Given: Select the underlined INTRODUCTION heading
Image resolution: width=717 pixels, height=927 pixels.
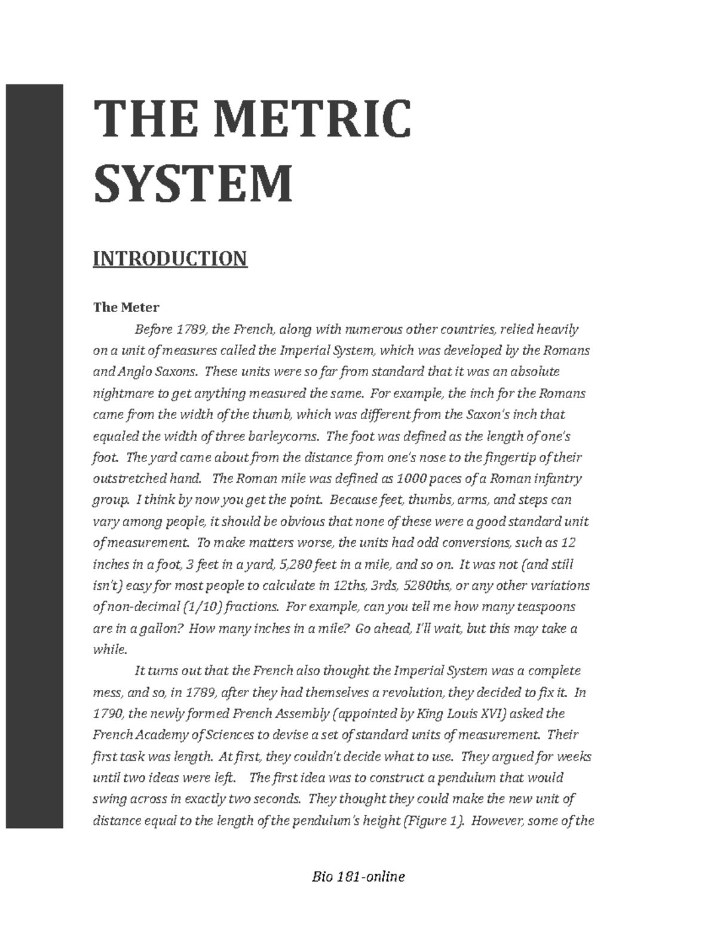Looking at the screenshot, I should [x=170, y=259].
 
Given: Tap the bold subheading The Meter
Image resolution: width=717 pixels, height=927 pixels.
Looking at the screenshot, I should [x=126, y=307].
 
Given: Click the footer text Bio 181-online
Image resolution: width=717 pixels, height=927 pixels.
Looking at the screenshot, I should [x=358, y=877].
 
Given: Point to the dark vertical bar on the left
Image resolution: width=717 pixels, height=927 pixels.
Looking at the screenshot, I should [x=34, y=457].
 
